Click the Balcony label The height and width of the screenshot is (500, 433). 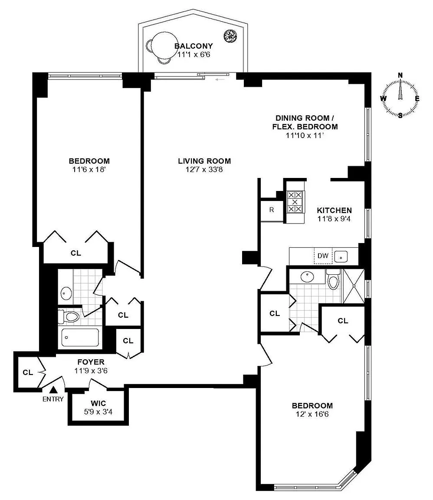[194, 46]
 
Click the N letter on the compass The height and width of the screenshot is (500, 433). [400, 75]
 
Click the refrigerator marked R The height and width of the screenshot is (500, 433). [272, 210]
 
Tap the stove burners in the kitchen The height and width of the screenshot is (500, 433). [295, 202]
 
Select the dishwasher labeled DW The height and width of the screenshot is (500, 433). [323, 256]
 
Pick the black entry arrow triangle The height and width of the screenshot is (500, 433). [53, 390]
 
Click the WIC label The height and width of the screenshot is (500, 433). [98, 403]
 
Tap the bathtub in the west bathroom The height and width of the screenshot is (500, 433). [80, 336]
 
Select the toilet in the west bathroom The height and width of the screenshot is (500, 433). [70, 316]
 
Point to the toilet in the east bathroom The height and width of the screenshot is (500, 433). [333, 280]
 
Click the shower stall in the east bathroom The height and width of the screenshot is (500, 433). [354, 285]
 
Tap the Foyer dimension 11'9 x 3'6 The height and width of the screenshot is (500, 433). [91, 371]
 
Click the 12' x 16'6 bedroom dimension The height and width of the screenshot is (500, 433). [312, 414]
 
